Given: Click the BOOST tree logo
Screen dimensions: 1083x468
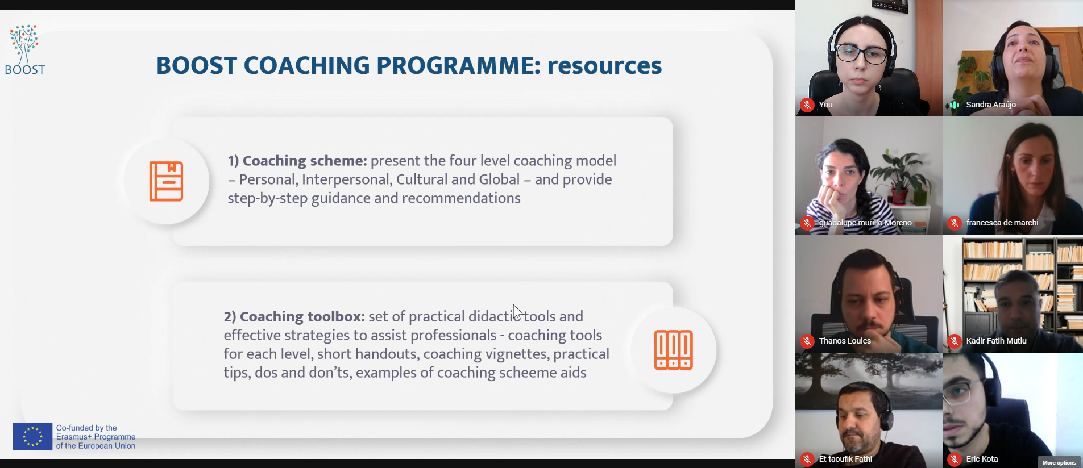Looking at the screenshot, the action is [24, 49].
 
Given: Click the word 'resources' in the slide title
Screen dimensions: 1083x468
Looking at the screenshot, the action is [604, 66].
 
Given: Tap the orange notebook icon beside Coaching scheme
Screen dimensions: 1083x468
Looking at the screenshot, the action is [166, 181].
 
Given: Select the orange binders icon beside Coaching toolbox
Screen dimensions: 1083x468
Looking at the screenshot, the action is [673, 350].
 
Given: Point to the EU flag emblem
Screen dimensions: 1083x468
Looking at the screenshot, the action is [32, 436].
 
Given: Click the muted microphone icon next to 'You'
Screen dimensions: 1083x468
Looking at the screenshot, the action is [807, 105].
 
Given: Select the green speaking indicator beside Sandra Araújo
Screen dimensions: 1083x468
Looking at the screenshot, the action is [955, 105].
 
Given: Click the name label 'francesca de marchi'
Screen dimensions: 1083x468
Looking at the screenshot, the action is [1002, 223].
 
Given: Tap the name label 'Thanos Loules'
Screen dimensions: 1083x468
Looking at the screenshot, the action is [845, 341].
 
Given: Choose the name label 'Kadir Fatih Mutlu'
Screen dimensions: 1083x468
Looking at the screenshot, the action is [996, 341].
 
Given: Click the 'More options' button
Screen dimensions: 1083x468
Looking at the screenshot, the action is [1059, 462].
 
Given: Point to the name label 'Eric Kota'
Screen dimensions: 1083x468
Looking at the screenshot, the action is [982, 459].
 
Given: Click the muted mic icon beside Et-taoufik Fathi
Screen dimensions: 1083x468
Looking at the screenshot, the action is [807, 459].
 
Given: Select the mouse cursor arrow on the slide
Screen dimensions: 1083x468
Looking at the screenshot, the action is [517, 312].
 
